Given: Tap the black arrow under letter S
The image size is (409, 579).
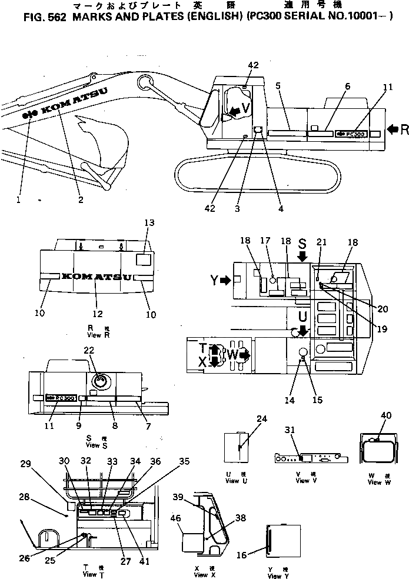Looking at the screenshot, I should pyautogui.click(x=302, y=256).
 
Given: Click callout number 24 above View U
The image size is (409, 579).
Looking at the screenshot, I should pyautogui.click(x=261, y=419).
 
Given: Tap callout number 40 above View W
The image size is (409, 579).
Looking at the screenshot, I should pyautogui.click(x=386, y=415).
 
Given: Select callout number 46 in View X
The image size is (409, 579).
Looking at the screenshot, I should pyautogui.click(x=175, y=518).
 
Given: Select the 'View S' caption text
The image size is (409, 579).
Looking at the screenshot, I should pyautogui.click(x=92, y=445).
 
